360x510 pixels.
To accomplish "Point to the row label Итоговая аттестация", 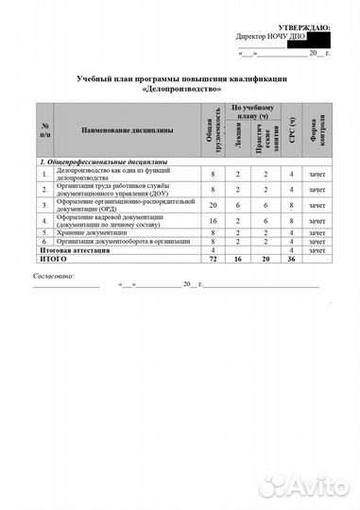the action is tap(69, 248).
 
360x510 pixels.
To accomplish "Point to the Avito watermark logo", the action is tap(300, 485).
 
